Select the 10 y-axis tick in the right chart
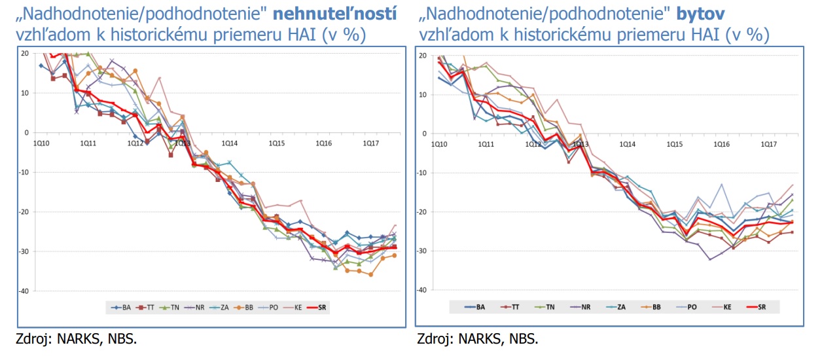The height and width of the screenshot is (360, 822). point(423,94)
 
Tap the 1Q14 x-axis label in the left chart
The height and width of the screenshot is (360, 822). point(229,143)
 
